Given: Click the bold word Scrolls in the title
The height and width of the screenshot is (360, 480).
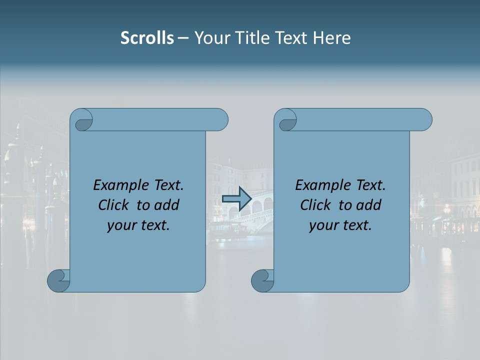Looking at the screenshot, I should click(x=147, y=38).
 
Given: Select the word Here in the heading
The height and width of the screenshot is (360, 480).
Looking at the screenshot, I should click(x=332, y=38).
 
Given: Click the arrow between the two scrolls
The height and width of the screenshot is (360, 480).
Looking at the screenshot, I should click(x=236, y=199).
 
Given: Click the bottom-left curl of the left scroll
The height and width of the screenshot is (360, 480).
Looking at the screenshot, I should click(x=59, y=280).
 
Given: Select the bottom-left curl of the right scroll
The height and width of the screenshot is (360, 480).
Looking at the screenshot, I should click(x=263, y=280).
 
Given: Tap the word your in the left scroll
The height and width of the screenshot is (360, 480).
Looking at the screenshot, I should click(x=120, y=225).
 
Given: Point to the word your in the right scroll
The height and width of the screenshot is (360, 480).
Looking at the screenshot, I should click(x=322, y=225).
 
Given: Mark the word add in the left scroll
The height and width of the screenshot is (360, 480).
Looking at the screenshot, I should click(x=167, y=205).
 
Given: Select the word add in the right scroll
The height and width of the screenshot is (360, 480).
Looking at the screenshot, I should click(x=369, y=205).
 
